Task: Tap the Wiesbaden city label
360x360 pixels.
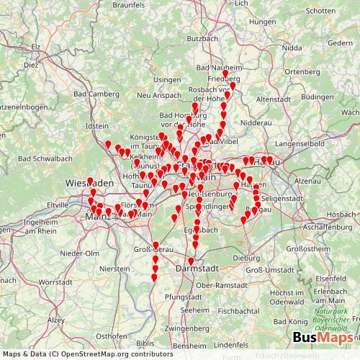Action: (90, 184)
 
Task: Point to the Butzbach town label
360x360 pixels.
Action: (202, 38)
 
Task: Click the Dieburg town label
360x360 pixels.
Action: (246, 257)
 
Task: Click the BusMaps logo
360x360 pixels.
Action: (323, 337)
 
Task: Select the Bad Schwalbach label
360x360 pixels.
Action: (45, 158)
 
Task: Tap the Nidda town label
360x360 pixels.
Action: (292, 48)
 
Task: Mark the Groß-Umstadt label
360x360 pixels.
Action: (270, 270)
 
